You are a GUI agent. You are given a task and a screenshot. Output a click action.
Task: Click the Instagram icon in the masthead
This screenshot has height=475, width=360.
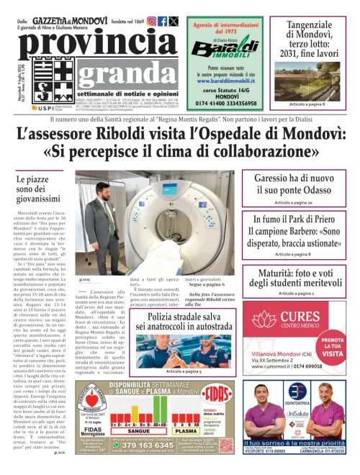(152, 22)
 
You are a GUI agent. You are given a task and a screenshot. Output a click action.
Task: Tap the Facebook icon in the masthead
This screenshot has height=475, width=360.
(163, 22)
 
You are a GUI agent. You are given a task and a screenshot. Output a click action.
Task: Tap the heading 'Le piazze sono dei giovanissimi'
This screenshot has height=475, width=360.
(42, 188)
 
